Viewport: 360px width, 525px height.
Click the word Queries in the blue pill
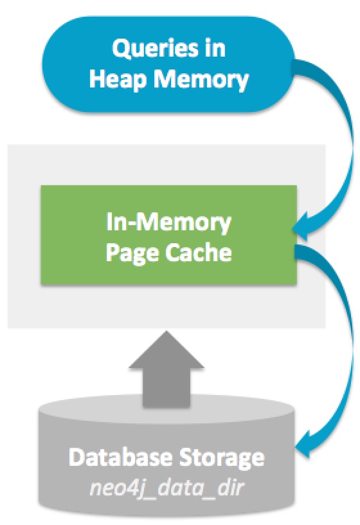coord(155,48)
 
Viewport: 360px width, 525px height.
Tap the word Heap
coord(118,80)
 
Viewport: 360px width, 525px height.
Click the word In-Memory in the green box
coord(168,223)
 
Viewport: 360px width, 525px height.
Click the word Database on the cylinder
coord(121,457)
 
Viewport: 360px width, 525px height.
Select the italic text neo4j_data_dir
coord(166,488)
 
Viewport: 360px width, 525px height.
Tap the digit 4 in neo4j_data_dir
coord(136,488)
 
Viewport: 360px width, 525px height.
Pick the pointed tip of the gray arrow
coord(166,331)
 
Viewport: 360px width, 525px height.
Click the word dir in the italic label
coord(231,487)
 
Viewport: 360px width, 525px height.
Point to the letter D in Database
coord(76,457)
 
